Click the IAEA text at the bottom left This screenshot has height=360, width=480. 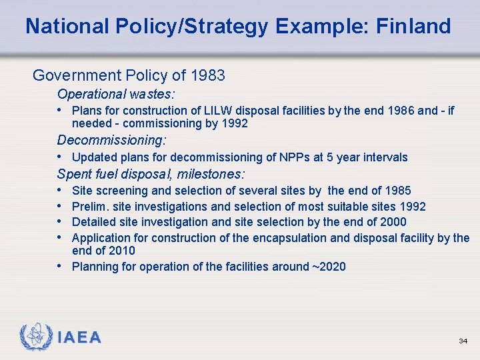coord(79,338)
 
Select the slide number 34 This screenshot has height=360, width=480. coord(463,341)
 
